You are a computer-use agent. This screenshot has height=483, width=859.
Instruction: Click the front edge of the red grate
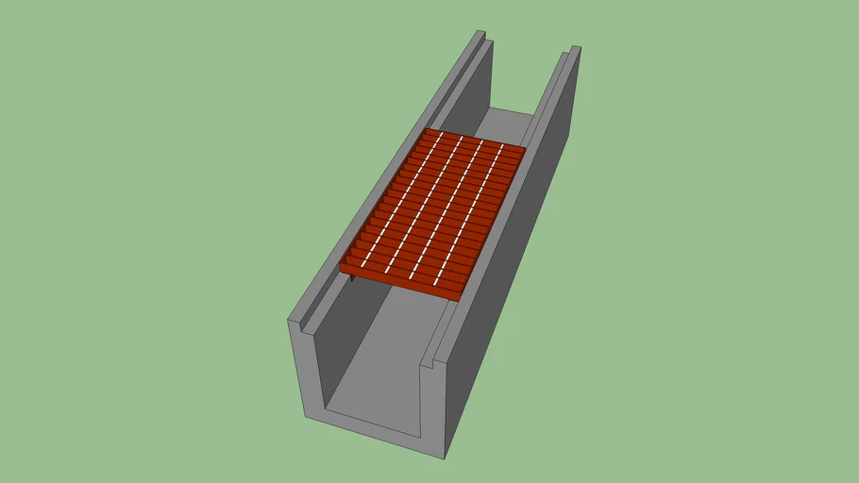pyautogui.click(x=401, y=287)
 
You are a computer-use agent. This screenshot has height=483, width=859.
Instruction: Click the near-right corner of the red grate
pyautogui.click(x=460, y=299)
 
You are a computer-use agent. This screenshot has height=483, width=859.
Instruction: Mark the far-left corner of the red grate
pyautogui.click(x=428, y=129)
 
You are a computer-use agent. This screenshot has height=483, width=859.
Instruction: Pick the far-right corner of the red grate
pyautogui.click(x=525, y=147)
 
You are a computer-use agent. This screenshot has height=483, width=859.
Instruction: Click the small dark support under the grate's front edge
pyautogui.click(x=351, y=279)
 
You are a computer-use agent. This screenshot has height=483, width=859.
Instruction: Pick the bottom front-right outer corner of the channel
pyautogui.click(x=446, y=458)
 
